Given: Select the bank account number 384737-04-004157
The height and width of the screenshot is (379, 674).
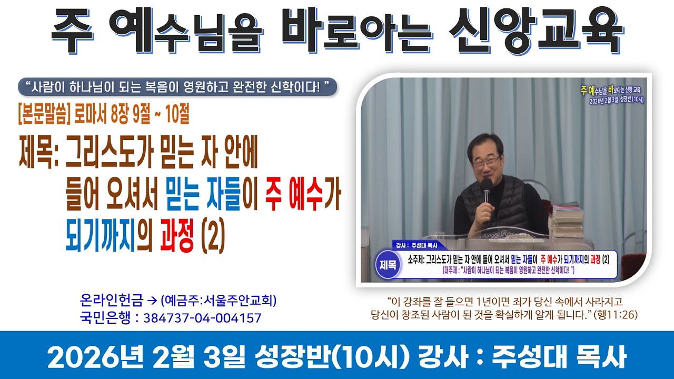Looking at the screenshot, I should pos(202,318).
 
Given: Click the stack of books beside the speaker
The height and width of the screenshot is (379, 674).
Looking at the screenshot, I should pos(566,221).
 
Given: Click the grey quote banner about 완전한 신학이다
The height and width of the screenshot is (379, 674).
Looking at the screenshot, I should pos(177,86).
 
